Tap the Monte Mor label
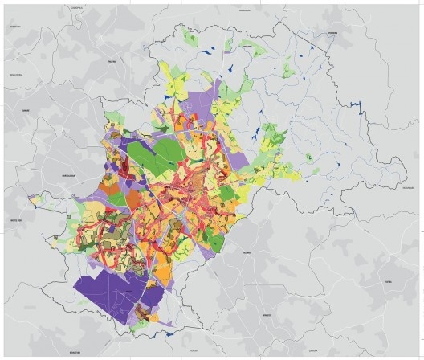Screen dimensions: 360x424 [15, 219]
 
